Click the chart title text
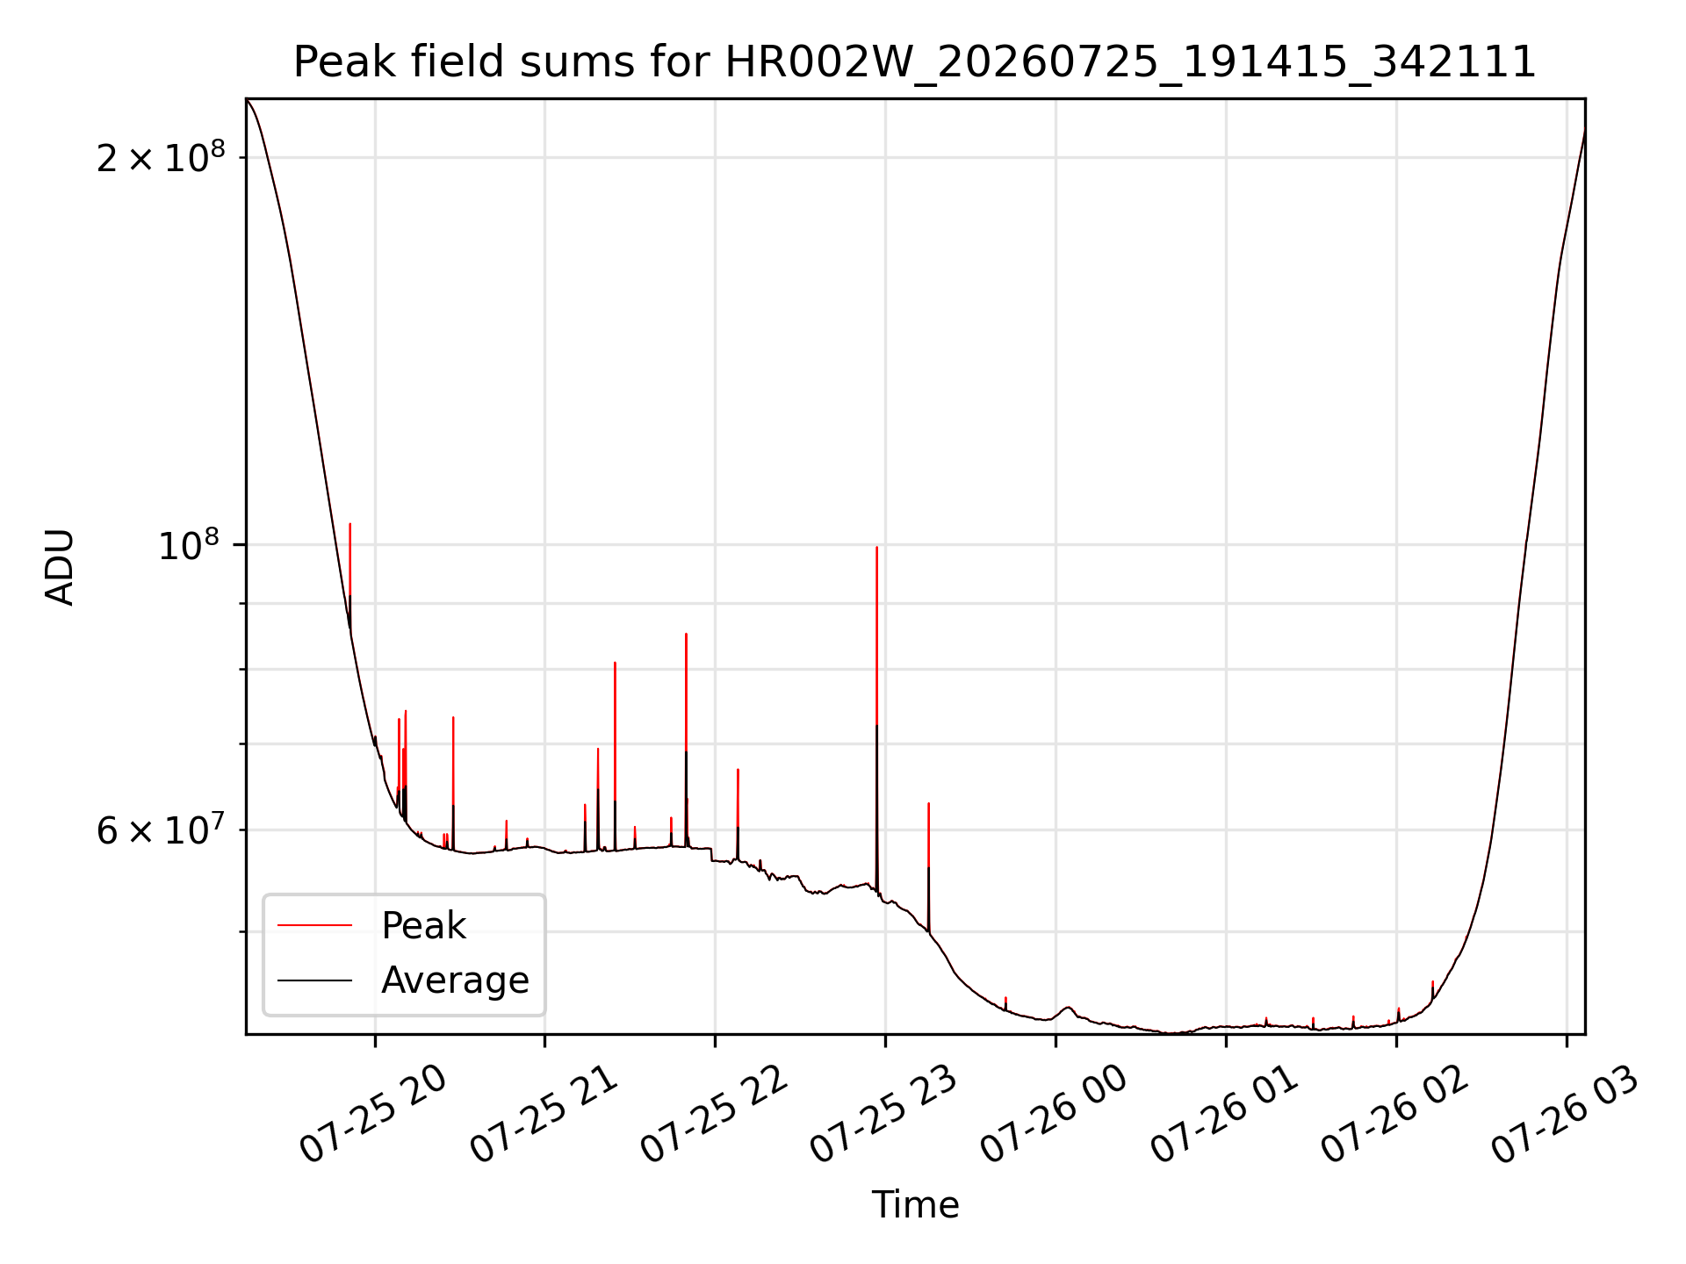point(914,62)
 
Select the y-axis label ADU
point(60,567)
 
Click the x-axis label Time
point(915,1204)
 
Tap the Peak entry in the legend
point(423,925)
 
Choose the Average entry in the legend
point(455,980)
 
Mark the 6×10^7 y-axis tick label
point(161,829)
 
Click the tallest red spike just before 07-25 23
point(876,720)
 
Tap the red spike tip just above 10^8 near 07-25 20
point(350,524)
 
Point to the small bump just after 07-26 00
point(1067,1008)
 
